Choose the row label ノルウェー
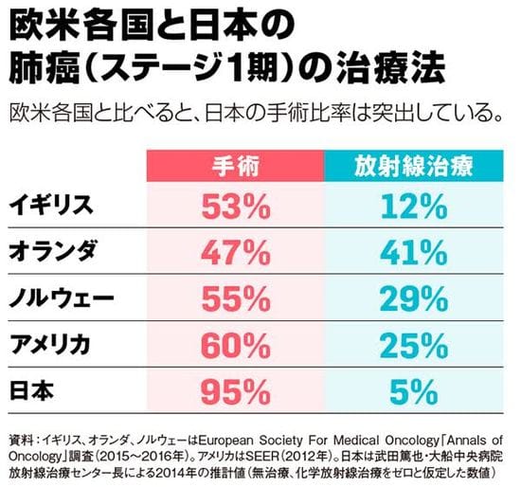tap(62, 298)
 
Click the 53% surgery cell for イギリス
tap(232, 205)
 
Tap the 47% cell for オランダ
tap(232, 251)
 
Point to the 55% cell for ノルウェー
tap(232, 298)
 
